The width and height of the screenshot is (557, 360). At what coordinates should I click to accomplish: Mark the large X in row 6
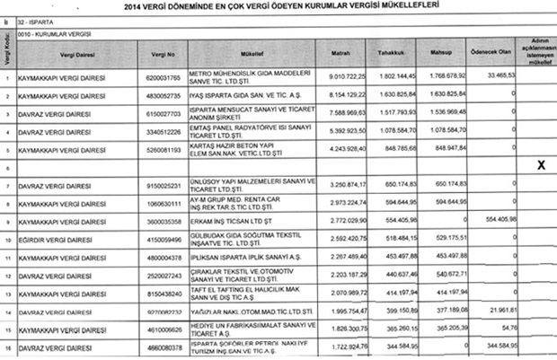point(541,166)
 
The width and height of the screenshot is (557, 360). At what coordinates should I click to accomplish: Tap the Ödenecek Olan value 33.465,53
point(496,77)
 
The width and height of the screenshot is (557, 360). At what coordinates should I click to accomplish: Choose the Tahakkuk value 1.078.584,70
point(390,131)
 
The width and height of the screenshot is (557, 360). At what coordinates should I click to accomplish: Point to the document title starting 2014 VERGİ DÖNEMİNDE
point(278,8)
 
